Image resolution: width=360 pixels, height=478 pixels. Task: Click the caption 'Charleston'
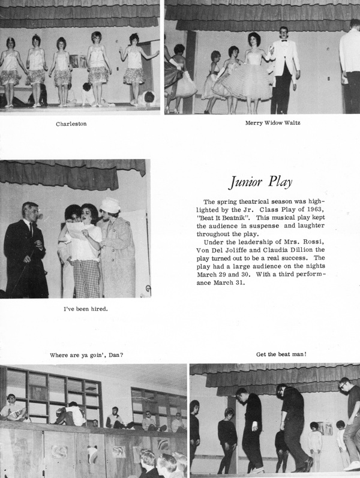(72, 124)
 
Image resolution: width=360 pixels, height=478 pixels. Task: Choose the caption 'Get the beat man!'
(281, 354)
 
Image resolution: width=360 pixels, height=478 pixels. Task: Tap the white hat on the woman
(110, 206)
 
